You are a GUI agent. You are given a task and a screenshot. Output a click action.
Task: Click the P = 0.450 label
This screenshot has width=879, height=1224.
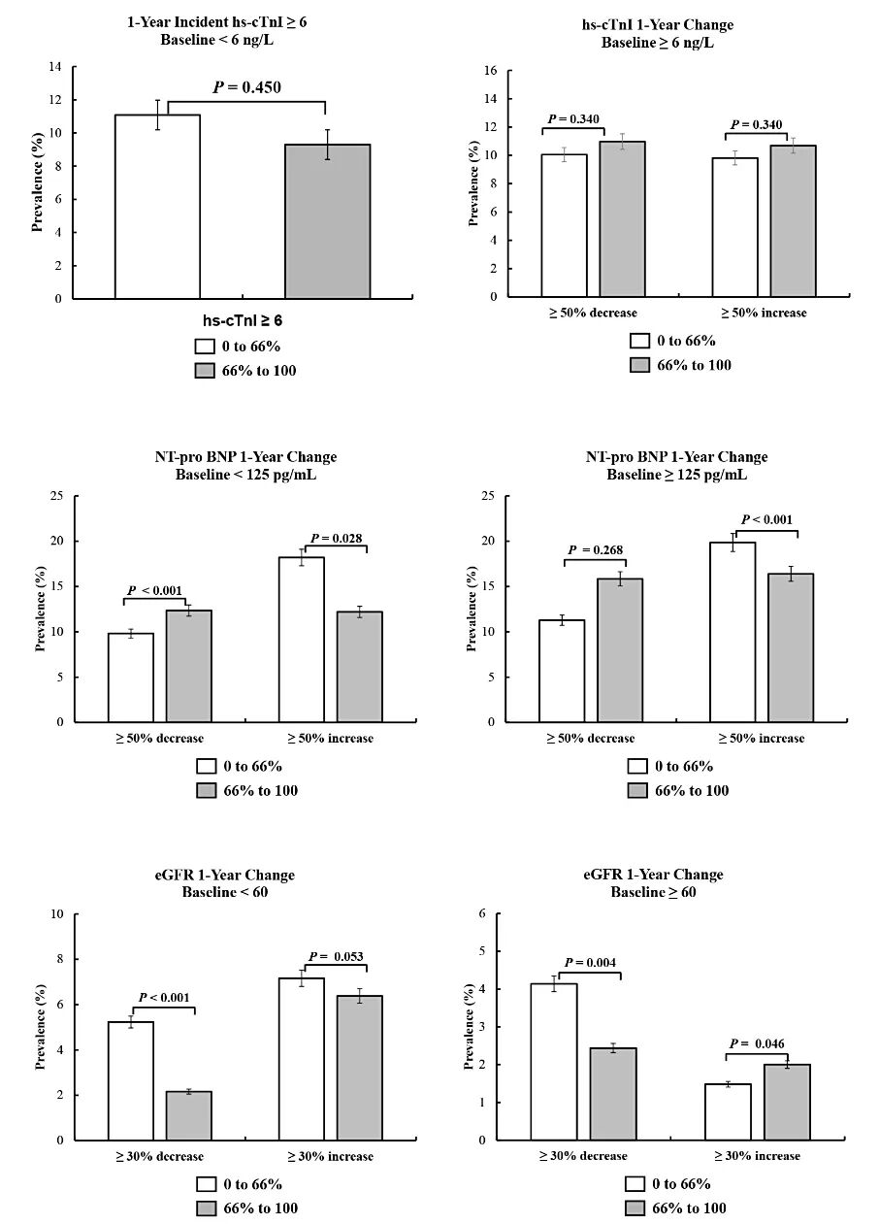246,87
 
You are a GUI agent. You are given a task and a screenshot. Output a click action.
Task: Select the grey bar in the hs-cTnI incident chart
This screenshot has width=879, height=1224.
327,221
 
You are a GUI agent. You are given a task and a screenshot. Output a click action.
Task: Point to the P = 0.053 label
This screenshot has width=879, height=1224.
337,957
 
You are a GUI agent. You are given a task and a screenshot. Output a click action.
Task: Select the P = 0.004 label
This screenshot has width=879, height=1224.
590,962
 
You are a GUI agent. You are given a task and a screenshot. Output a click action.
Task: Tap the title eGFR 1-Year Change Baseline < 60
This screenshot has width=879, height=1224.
225,883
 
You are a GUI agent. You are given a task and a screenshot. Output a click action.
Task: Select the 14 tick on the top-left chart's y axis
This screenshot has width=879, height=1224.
54,67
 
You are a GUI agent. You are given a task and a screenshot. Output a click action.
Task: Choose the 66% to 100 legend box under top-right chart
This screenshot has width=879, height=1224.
638,365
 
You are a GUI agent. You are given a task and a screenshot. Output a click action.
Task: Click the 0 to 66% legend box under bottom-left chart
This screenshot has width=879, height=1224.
205,1184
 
